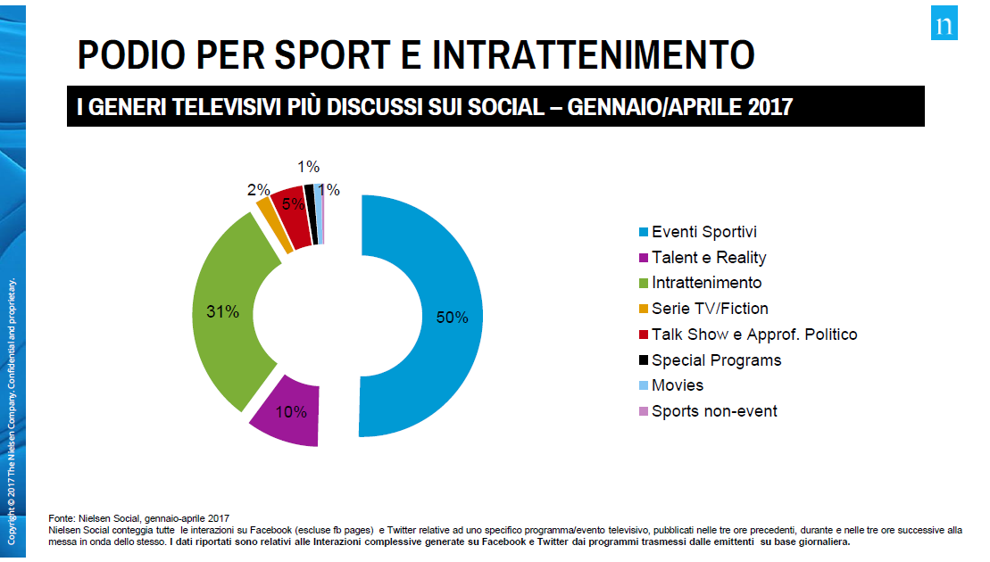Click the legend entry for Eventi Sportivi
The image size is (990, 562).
coord(704,232)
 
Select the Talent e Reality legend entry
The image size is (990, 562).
coord(709,258)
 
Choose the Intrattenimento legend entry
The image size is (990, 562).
coord(706,283)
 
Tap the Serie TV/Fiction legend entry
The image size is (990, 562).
coord(710,309)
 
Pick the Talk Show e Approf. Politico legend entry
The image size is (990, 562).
coord(754,335)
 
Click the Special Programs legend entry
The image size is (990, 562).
coord(716,360)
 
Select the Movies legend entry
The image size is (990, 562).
coord(678,385)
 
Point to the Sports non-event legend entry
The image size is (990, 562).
coord(714,411)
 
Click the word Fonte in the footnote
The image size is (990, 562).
coord(61,518)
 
